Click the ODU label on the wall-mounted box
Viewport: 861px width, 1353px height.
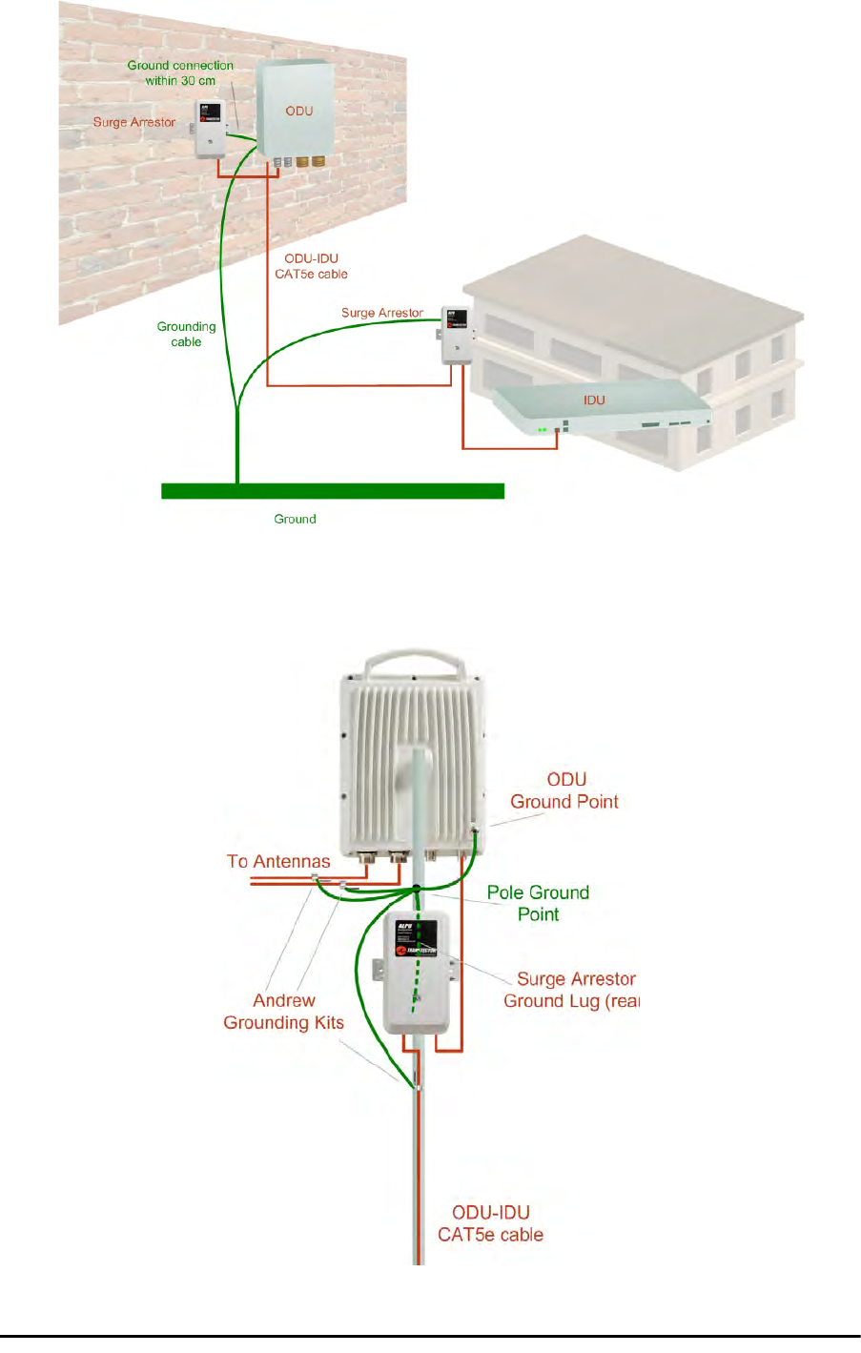pyautogui.click(x=299, y=112)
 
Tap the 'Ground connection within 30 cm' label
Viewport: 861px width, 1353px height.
pyautogui.click(x=180, y=73)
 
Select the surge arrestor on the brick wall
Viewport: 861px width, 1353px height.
pyautogui.click(x=210, y=129)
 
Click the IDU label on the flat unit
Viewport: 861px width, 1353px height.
pyautogui.click(x=594, y=400)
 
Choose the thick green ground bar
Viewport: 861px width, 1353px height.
pyautogui.click(x=332, y=491)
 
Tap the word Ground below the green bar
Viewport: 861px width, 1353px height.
pyautogui.click(x=295, y=520)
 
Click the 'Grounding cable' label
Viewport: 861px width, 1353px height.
pyautogui.click(x=186, y=335)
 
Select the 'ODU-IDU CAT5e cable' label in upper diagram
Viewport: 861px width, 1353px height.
pyautogui.click(x=311, y=266)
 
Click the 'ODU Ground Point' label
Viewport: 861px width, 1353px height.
pyautogui.click(x=564, y=791)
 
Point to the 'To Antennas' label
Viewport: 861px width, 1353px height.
pyautogui.click(x=278, y=861)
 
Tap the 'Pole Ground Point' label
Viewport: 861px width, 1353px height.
pyautogui.click(x=538, y=903)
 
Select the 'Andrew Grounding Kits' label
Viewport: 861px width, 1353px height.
pyautogui.click(x=283, y=1012)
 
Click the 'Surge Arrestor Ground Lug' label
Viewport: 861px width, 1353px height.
pyautogui.click(x=571, y=990)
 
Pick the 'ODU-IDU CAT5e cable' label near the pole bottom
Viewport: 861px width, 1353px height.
pyautogui.click(x=490, y=1223)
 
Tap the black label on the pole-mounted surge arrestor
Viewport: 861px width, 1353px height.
pyautogui.click(x=417, y=938)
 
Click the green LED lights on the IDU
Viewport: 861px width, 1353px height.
pyautogui.click(x=542, y=430)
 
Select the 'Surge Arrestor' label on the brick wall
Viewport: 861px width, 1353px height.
pyautogui.click(x=134, y=122)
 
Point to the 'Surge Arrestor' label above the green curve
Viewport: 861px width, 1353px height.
pyautogui.click(x=381, y=313)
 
